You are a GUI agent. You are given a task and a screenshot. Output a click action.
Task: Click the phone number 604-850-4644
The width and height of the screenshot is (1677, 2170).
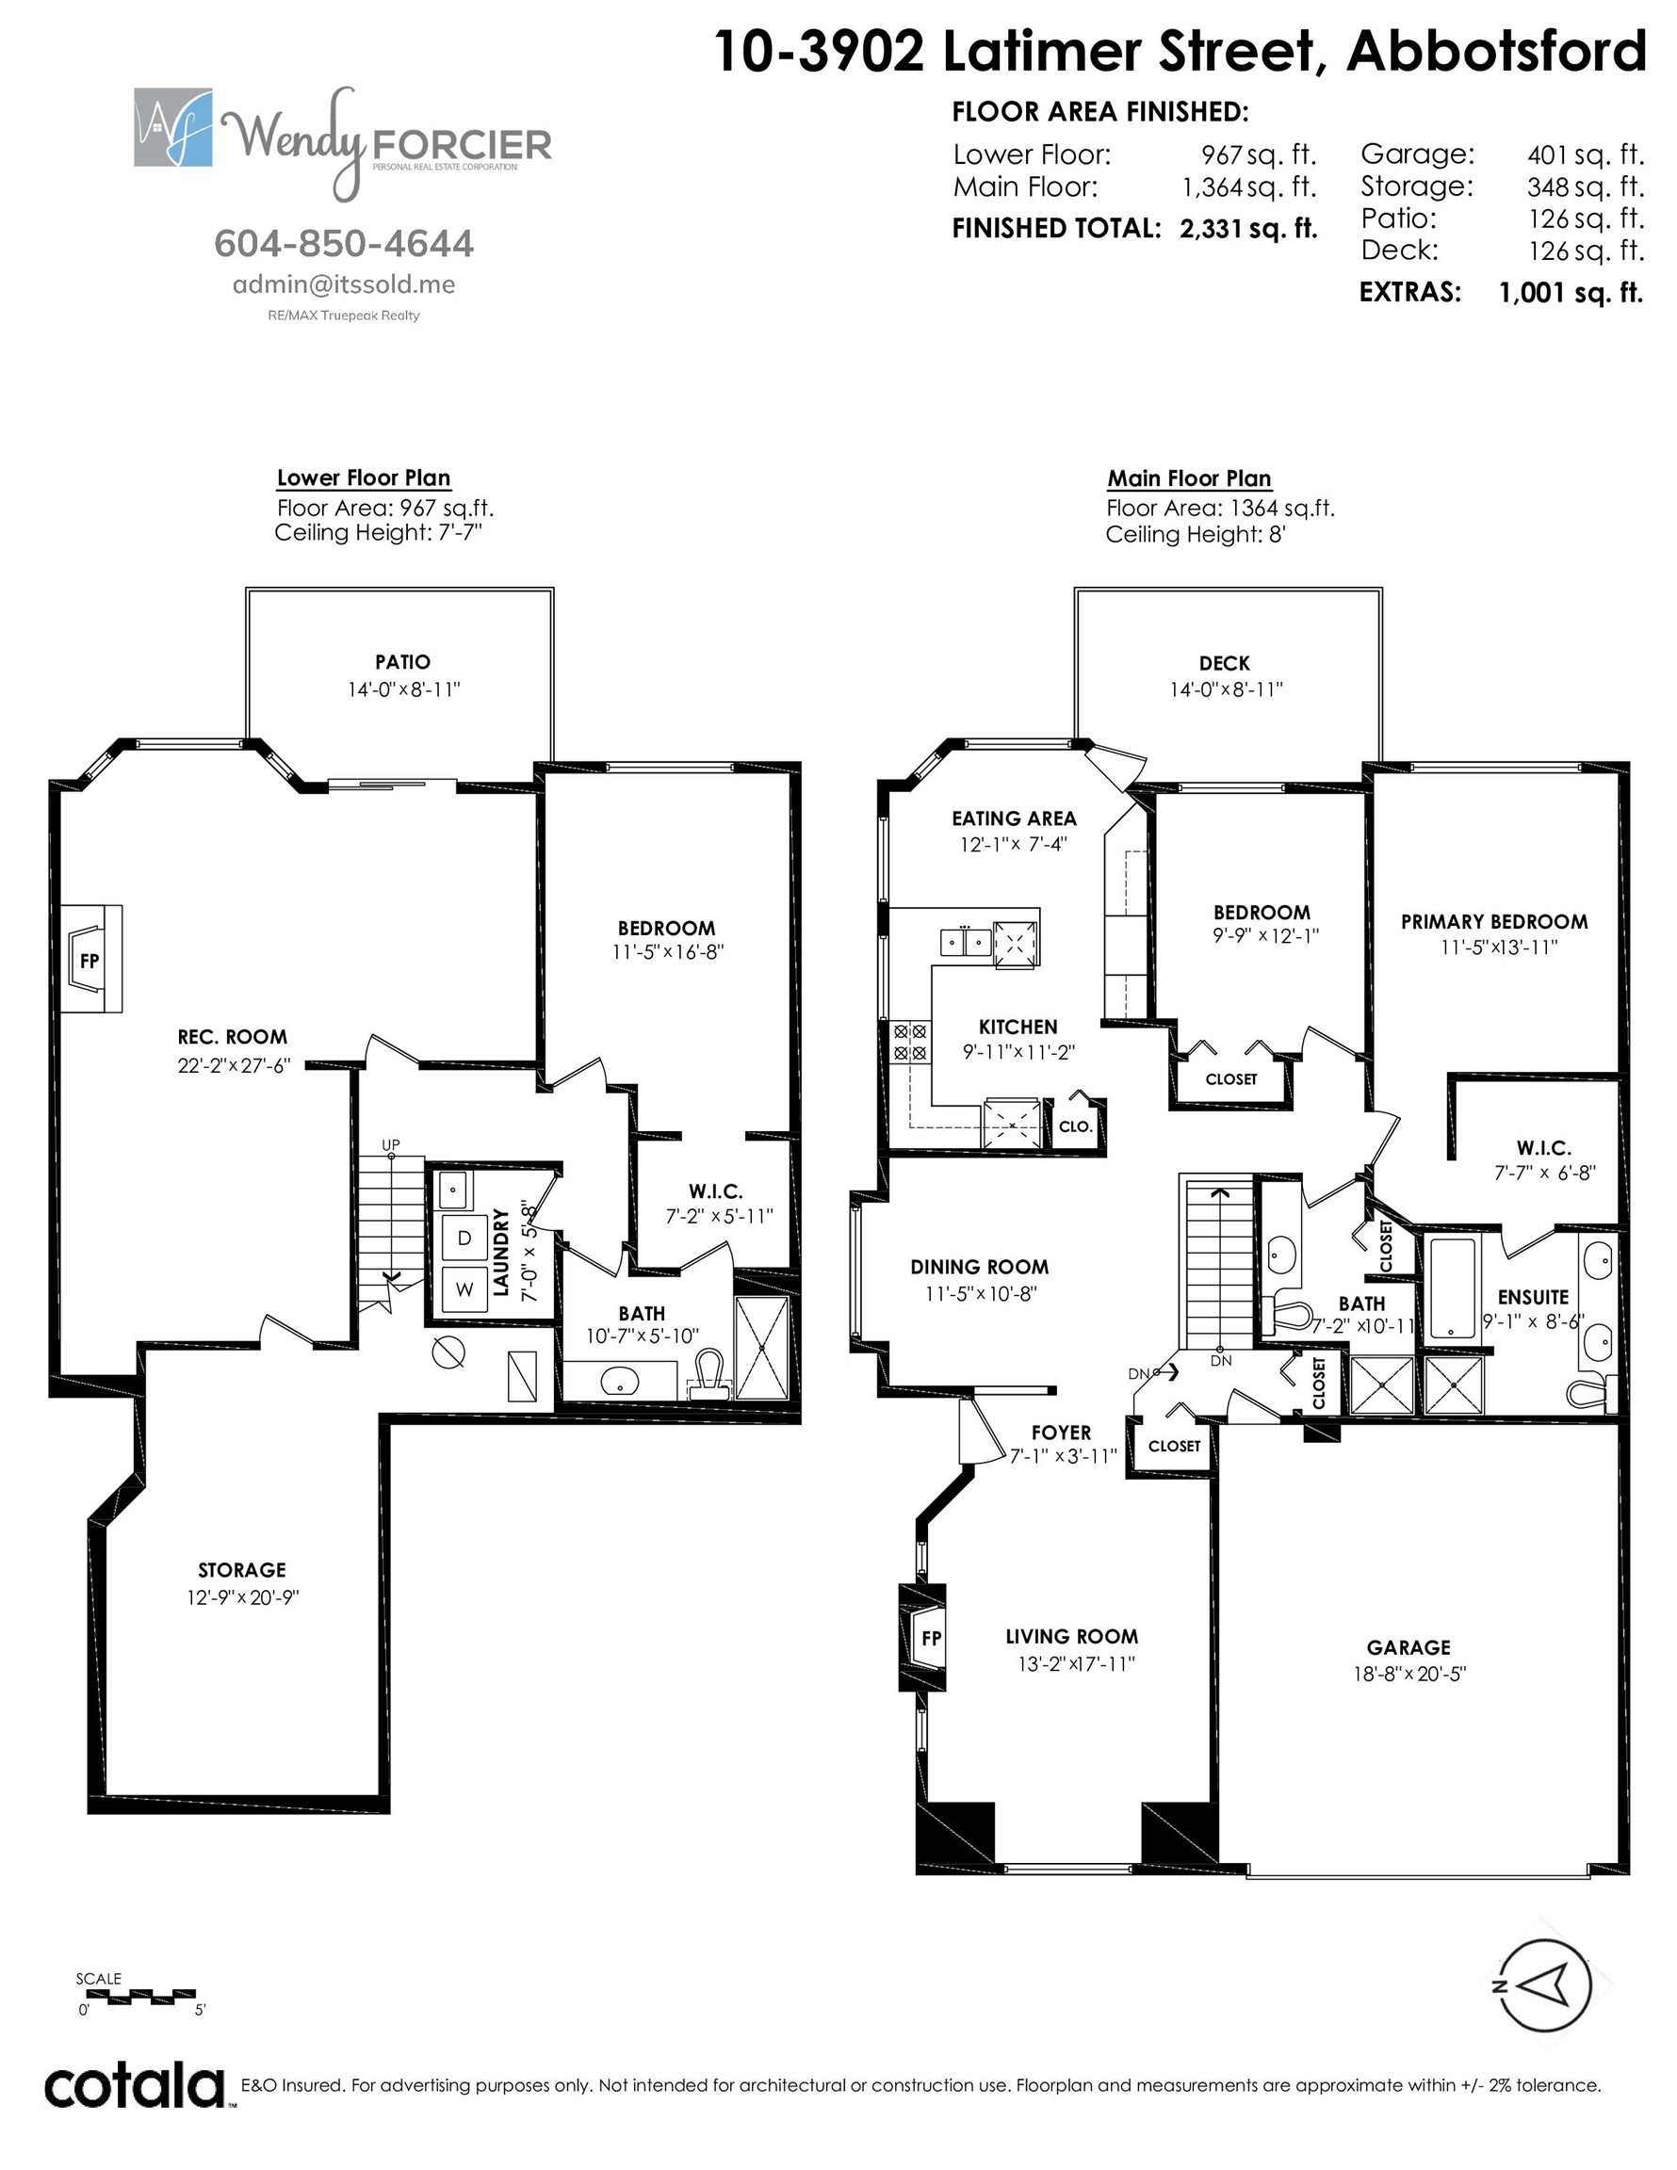tap(344, 243)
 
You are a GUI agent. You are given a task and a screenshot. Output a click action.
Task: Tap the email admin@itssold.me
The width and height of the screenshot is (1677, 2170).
tap(344, 284)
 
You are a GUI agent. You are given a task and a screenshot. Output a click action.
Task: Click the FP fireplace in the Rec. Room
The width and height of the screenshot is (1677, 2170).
tap(91, 959)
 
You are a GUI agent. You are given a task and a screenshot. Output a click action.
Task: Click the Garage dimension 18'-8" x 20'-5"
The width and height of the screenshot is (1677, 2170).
tap(1408, 1674)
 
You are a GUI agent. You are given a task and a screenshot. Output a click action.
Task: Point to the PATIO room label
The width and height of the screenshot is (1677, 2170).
tap(402, 662)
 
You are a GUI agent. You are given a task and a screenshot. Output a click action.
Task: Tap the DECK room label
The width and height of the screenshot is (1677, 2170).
tap(1225, 663)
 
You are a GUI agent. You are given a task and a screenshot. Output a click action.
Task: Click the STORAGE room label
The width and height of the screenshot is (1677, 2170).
tap(241, 1570)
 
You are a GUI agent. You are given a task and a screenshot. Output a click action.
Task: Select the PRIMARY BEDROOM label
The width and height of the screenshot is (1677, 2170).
tap(1494, 921)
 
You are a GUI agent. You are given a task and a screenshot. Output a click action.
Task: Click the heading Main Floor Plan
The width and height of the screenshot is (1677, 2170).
tap(1189, 478)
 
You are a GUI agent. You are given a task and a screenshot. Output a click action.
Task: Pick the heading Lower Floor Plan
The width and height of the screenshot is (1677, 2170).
tap(364, 478)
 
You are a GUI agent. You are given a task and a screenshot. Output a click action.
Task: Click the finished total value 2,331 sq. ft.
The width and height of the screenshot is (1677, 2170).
tap(1248, 229)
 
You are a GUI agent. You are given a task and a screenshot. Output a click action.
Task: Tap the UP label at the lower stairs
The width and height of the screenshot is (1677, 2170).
tap(392, 1144)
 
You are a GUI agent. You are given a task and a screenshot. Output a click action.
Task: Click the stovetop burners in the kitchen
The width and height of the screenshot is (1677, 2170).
tap(910, 1043)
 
